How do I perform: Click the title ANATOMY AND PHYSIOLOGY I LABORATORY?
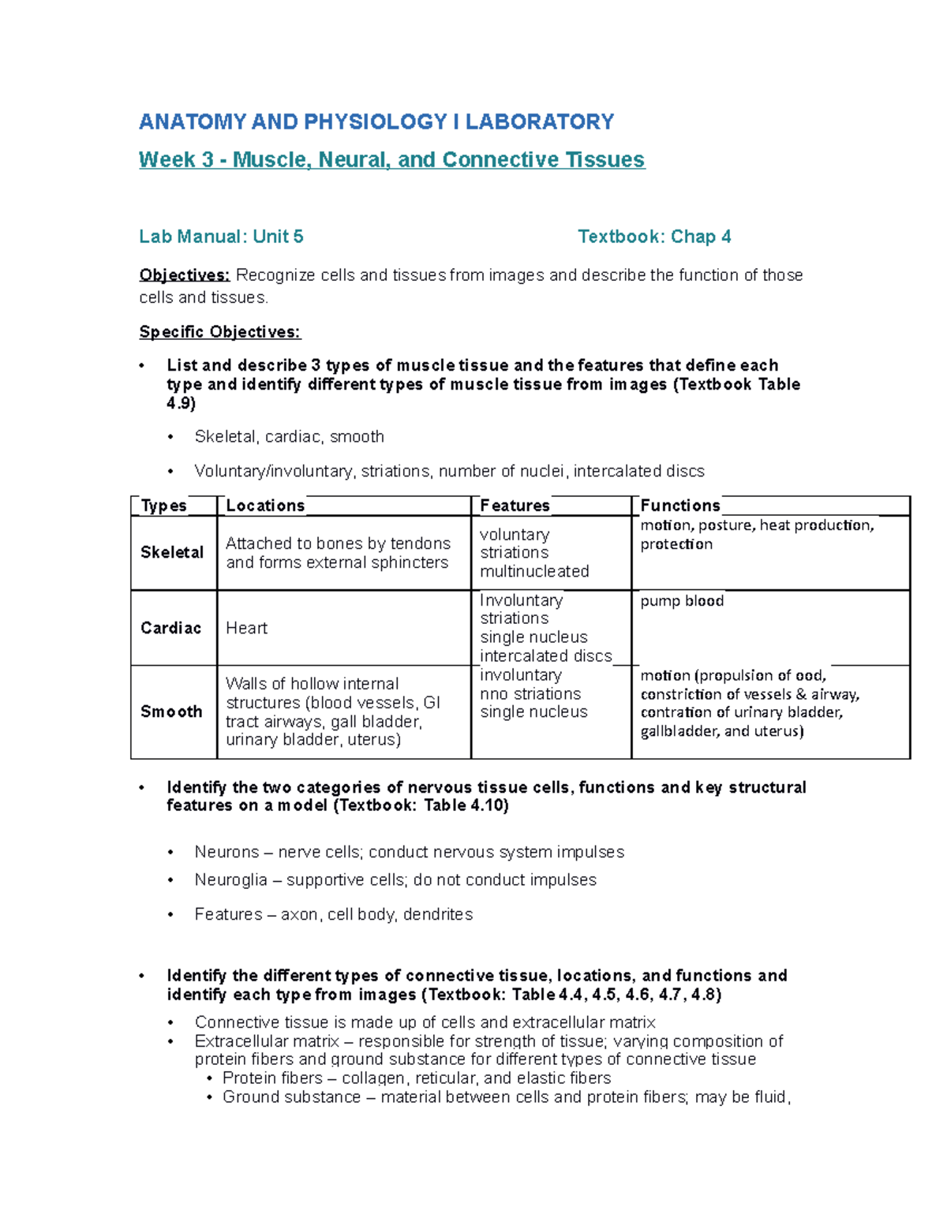coord(376,121)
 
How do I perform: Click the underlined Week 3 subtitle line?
coord(391,160)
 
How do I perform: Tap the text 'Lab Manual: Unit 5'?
coord(221,237)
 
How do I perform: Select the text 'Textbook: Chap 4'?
coord(654,237)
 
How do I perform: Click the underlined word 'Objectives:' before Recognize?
coord(184,275)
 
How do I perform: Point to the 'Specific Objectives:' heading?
coord(219,332)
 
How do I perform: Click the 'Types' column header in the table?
coord(163,506)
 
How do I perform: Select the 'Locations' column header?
coord(265,506)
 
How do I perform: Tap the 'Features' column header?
coord(515,506)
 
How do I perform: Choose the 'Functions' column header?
coord(679,506)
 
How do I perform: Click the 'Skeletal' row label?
coord(172,552)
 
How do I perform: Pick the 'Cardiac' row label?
coord(170,628)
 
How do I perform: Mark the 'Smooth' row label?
coord(171,711)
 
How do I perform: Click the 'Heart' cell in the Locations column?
coord(246,628)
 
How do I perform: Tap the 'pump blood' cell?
coord(682,601)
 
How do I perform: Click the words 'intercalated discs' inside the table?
coord(545,656)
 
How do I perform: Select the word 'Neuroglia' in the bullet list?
coord(230,880)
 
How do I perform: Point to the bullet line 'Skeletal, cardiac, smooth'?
coord(289,437)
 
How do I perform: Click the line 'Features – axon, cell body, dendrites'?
coord(333,914)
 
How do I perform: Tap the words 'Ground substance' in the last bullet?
coord(291,1097)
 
